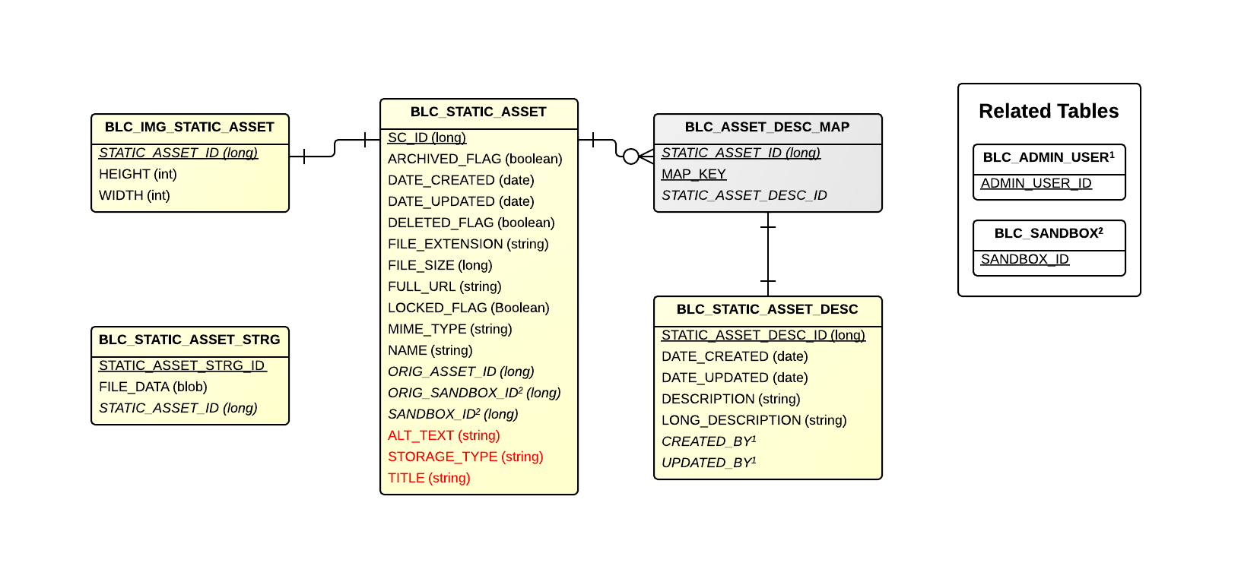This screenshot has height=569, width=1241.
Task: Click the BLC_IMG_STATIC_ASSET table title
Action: [x=189, y=127]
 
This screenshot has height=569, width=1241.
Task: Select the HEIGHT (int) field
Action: [x=138, y=174]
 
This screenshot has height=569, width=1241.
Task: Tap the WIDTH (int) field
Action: [x=135, y=195]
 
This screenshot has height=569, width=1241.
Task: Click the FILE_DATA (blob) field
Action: [x=153, y=387]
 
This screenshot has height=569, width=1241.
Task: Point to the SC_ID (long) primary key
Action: [x=427, y=138]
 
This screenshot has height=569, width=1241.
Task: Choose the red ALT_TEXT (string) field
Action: [x=443, y=435]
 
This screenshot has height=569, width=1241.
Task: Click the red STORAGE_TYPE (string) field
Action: [x=465, y=457]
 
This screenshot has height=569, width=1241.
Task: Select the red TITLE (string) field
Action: [x=429, y=478]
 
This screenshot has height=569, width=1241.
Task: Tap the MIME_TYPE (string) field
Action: [x=449, y=329]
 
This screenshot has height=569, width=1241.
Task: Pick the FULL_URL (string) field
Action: [x=444, y=286]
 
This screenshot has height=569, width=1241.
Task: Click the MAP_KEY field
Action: [x=693, y=174]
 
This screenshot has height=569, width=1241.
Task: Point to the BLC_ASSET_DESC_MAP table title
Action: [x=766, y=127]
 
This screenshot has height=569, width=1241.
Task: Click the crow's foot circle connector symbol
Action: [x=631, y=156]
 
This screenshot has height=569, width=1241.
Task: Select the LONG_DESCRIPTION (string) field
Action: [x=754, y=420]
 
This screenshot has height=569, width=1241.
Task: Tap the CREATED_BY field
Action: [x=708, y=441]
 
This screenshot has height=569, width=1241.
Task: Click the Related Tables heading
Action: [x=1049, y=111]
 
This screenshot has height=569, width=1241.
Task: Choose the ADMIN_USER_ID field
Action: [x=1036, y=183]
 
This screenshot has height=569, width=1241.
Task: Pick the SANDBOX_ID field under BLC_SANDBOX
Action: [x=1024, y=259]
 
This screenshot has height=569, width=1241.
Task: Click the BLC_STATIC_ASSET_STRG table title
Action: [x=189, y=340]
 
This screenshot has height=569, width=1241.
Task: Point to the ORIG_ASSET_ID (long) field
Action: [x=461, y=371]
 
